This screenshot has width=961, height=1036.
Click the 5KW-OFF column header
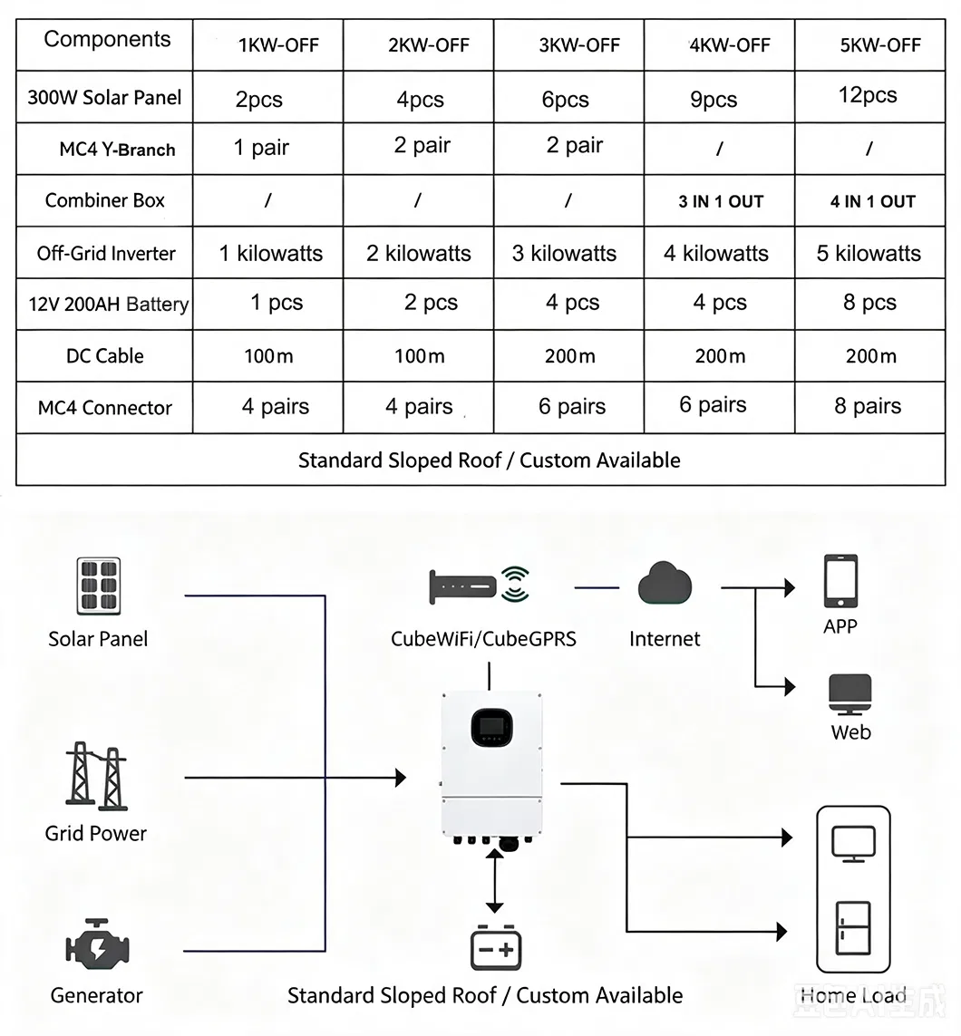[x=880, y=45]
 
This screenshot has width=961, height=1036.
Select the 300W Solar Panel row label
[x=104, y=98]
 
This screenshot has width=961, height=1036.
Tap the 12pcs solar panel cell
[x=868, y=95]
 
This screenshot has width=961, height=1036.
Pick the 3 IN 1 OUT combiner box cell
[x=721, y=201]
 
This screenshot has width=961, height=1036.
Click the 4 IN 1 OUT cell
[x=872, y=201]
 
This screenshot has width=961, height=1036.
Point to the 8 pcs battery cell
[x=869, y=303]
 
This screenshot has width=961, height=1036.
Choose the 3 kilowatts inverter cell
[x=564, y=253]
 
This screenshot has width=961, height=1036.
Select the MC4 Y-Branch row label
[x=117, y=150]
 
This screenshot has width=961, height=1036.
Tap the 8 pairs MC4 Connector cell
[x=868, y=406]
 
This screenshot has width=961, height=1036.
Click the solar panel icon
[x=99, y=586]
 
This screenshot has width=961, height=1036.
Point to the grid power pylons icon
[x=96, y=776]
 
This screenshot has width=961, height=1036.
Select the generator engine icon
[x=97, y=944]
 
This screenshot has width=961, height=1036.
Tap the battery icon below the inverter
[x=496, y=948]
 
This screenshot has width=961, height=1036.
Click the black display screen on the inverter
[x=491, y=728]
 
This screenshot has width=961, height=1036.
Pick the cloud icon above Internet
[x=665, y=584]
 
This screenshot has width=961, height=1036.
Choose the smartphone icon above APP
[x=840, y=581]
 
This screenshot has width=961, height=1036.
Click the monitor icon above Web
[x=850, y=694]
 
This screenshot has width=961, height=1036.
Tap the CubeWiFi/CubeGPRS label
[x=483, y=639]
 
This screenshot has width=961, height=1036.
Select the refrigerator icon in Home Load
[x=852, y=928]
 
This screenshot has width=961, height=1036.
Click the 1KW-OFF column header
[x=278, y=45]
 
